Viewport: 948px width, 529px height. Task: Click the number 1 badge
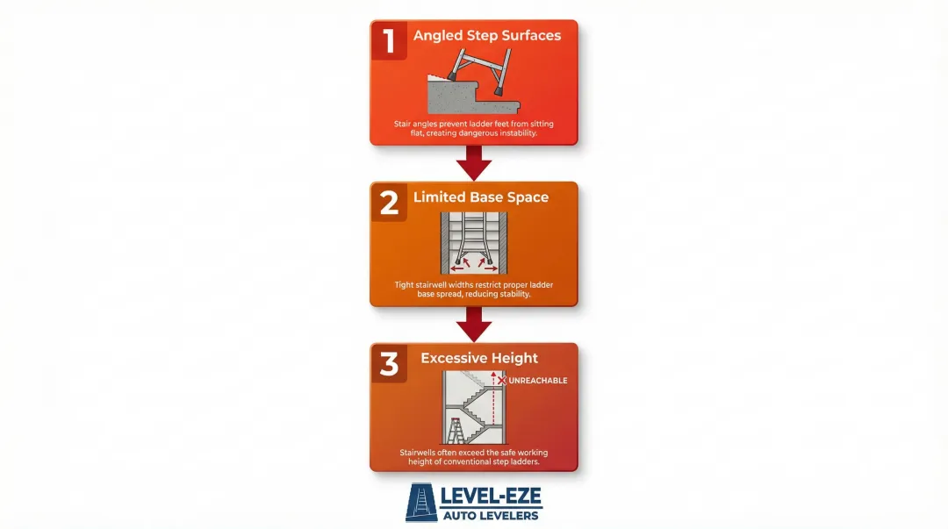pyautogui.click(x=389, y=39)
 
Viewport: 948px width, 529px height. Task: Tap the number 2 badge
pyautogui.click(x=389, y=201)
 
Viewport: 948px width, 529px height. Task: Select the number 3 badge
pyautogui.click(x=389, y=362)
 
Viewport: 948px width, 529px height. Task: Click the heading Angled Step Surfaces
pyautogui.click(x=487, y=36)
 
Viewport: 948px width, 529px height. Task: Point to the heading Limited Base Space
pyautogui.click(x=481, y=197)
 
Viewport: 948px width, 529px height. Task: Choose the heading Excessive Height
pyautogui.click(x=479, y=358)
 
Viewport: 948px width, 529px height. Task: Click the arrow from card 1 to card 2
pyautogui.click(x=474, y=162)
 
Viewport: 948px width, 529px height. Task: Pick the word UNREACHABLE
pyautogui.click(x=538, y=381)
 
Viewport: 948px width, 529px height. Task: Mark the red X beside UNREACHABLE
pyautogui.click(x=502, y=381)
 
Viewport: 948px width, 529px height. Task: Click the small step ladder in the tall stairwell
pyautogui.click(x=456, y=432)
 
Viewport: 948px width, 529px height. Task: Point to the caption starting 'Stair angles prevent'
pyautogui.click(x=474, y=128)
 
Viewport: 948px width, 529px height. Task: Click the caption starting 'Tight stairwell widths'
pyautogui.click(x=474, y=290)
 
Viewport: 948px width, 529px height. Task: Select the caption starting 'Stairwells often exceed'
pyautogui.click(x=474, y=457)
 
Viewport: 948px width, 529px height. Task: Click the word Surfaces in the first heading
pyautogui.click(x=530, y=36)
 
